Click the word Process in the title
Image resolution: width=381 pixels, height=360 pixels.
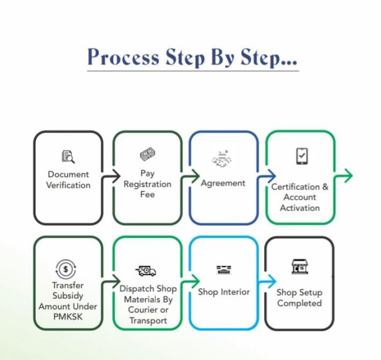pyautogui.click(x=122, y=57)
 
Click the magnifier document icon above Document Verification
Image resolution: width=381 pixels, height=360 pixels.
pyautogui.click(x=68, y=157)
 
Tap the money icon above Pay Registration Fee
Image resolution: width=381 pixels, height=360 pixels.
pyautogui.click(x=147, y=154)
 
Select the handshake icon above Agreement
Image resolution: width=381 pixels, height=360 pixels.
pyautogui.click(x=223, y=159)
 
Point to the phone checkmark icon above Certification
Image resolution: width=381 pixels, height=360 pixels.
pyautogui.click(x=301, y=156)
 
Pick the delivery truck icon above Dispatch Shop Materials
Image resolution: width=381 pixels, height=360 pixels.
pyautogui.click(x=146, y=271)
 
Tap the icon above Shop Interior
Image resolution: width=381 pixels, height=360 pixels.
pyautogui.click(x=223, y=270)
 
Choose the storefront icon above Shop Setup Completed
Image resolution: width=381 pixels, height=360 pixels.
pyautogui.click(x=299, y=267)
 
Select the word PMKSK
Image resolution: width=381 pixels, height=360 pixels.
pyautogui.click(x=67, y=316)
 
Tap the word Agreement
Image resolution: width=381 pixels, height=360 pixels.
pyautogui.click(x=223, y=183)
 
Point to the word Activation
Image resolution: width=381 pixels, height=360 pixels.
pyautogui.click(x=300, y=208)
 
